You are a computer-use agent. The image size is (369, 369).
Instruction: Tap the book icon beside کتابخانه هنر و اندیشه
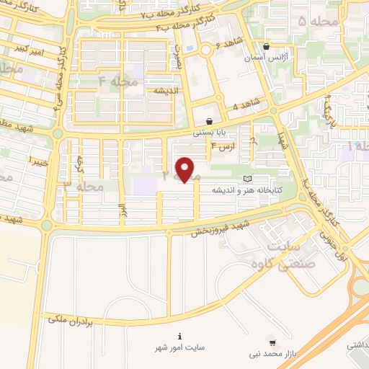tap(249, 179)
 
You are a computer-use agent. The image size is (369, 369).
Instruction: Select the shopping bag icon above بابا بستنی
tap(209, 121)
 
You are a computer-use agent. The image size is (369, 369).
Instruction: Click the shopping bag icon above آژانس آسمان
tap(266, 45)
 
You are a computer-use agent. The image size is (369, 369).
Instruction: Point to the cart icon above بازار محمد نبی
tap(272, 342)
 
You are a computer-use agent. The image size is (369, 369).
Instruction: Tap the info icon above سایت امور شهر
tap(180, 337)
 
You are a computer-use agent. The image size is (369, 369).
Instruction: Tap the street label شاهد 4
tap(245, 107)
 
